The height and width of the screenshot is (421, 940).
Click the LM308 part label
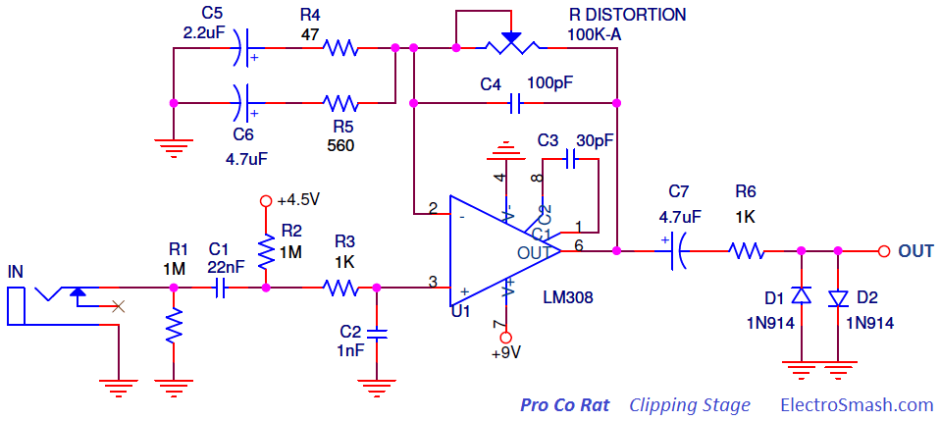pos(567,296)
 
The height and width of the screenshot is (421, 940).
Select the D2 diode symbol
pos(838,298)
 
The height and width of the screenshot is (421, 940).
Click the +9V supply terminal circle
pos(507,337)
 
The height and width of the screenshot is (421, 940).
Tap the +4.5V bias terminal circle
pos(264,200)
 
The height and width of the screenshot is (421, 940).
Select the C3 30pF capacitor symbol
pos(570,159)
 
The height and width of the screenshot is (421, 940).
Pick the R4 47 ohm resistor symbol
pos(340,47)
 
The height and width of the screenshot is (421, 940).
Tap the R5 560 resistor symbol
pos(340,103)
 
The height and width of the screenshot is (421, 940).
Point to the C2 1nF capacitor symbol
pos(377,333)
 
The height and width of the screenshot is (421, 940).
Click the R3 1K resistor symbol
pos(340,288)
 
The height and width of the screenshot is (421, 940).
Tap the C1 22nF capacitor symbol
pos(221,289)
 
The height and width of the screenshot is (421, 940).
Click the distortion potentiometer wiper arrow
pos(511,37)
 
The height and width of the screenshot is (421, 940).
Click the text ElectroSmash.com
pos(857,405)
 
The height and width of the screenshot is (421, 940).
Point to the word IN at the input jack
pos(15,273)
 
